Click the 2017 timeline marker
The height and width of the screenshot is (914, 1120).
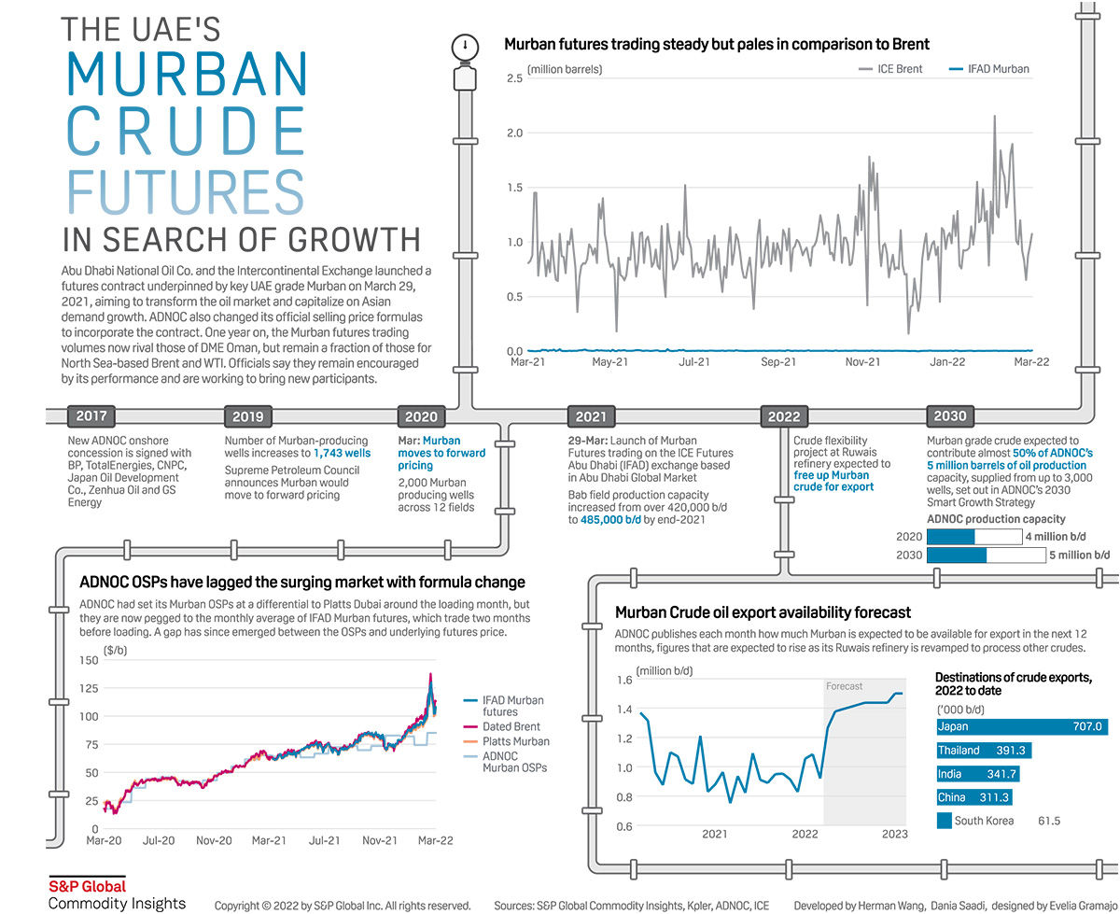pyautogui.click(x=91, y=416)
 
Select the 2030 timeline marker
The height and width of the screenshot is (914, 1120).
pyautogui.click(x=950, y=416)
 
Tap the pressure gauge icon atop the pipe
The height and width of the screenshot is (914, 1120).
pyautogui.click(x=464, y=46)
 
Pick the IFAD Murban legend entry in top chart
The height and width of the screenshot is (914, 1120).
pyautogui.click(x=988, y=69)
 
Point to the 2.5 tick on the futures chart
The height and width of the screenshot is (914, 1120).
pyautogui.click(x=514, y=78)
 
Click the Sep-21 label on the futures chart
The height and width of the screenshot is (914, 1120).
pyautogui.click(x=778, y=362)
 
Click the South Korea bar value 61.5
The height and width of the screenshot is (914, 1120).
pyautogui.click(x=1049, y=822)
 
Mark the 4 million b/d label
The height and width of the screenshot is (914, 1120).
pyautogui.click(x=1057, y=537)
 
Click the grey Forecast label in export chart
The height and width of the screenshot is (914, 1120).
pyautogui.click(x=845, y=686)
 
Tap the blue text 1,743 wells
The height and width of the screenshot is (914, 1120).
pyautogui.click(x=342, y=453)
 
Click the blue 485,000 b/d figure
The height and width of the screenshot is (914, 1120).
pyautogui.click(x=603, y=520)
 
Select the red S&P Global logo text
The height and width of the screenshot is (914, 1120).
pyautogui.click(x=87, y=886)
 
